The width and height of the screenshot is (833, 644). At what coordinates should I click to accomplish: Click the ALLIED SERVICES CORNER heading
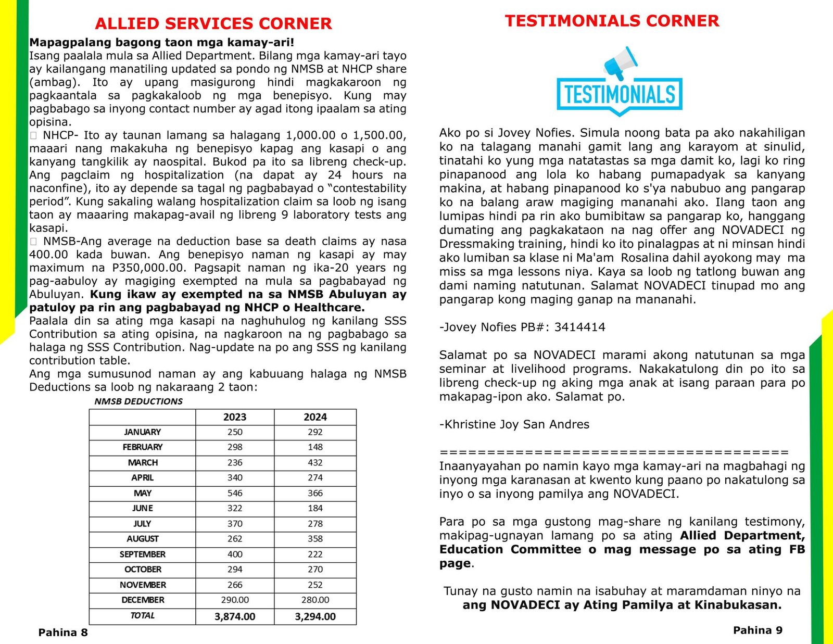coord(213,24)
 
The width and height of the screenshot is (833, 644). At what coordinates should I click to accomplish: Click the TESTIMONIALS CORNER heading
coord(612,21)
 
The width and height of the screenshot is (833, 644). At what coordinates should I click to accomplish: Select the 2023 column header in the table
coord(235,417)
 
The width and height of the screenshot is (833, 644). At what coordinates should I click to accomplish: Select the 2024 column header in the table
coord(315,417)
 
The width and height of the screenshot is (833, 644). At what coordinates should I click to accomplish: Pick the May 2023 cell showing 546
coord(235,493)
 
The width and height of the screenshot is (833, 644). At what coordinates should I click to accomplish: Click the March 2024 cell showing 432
coord(315,462)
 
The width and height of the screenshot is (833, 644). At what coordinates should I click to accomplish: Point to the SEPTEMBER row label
coord(143,554)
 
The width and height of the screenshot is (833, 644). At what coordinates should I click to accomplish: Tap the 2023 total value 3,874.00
coord(235,617)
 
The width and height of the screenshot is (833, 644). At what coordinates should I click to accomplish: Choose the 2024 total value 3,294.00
coord(315,617)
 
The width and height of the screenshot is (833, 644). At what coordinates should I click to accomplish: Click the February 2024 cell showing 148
coord(315,447)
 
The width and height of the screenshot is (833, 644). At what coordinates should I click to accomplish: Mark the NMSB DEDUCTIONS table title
coord(138,401)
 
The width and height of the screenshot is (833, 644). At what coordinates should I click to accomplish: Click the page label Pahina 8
coord(63,633)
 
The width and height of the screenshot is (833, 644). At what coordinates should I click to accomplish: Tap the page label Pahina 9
coord(758,630)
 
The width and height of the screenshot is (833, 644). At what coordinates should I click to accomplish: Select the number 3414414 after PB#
coord(579,327)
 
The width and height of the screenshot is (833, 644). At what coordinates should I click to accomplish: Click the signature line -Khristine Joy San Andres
coord(514,424)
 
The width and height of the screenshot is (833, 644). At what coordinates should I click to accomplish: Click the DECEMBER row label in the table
coord(143,600)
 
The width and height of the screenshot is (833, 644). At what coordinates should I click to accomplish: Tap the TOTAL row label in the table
coord(143,615)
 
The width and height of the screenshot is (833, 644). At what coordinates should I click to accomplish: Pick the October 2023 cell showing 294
coord(235,570)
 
